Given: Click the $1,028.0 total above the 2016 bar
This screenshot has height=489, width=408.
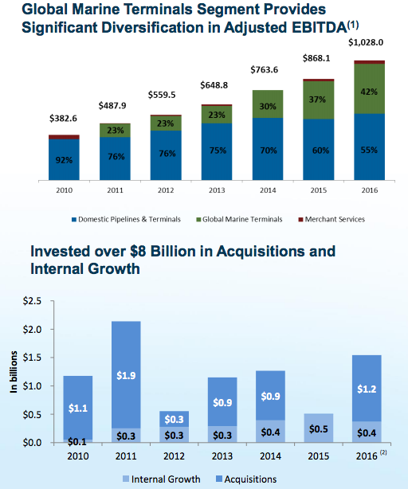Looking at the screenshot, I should tap(368, 44).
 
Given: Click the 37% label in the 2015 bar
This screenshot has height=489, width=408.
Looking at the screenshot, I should tap(319, 100).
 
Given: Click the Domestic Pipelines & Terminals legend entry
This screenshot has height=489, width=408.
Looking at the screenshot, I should tap(126, 219).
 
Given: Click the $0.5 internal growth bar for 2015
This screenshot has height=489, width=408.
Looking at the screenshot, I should tap(319, 428).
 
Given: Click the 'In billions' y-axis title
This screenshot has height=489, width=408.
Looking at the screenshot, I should tap(13, 374).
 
